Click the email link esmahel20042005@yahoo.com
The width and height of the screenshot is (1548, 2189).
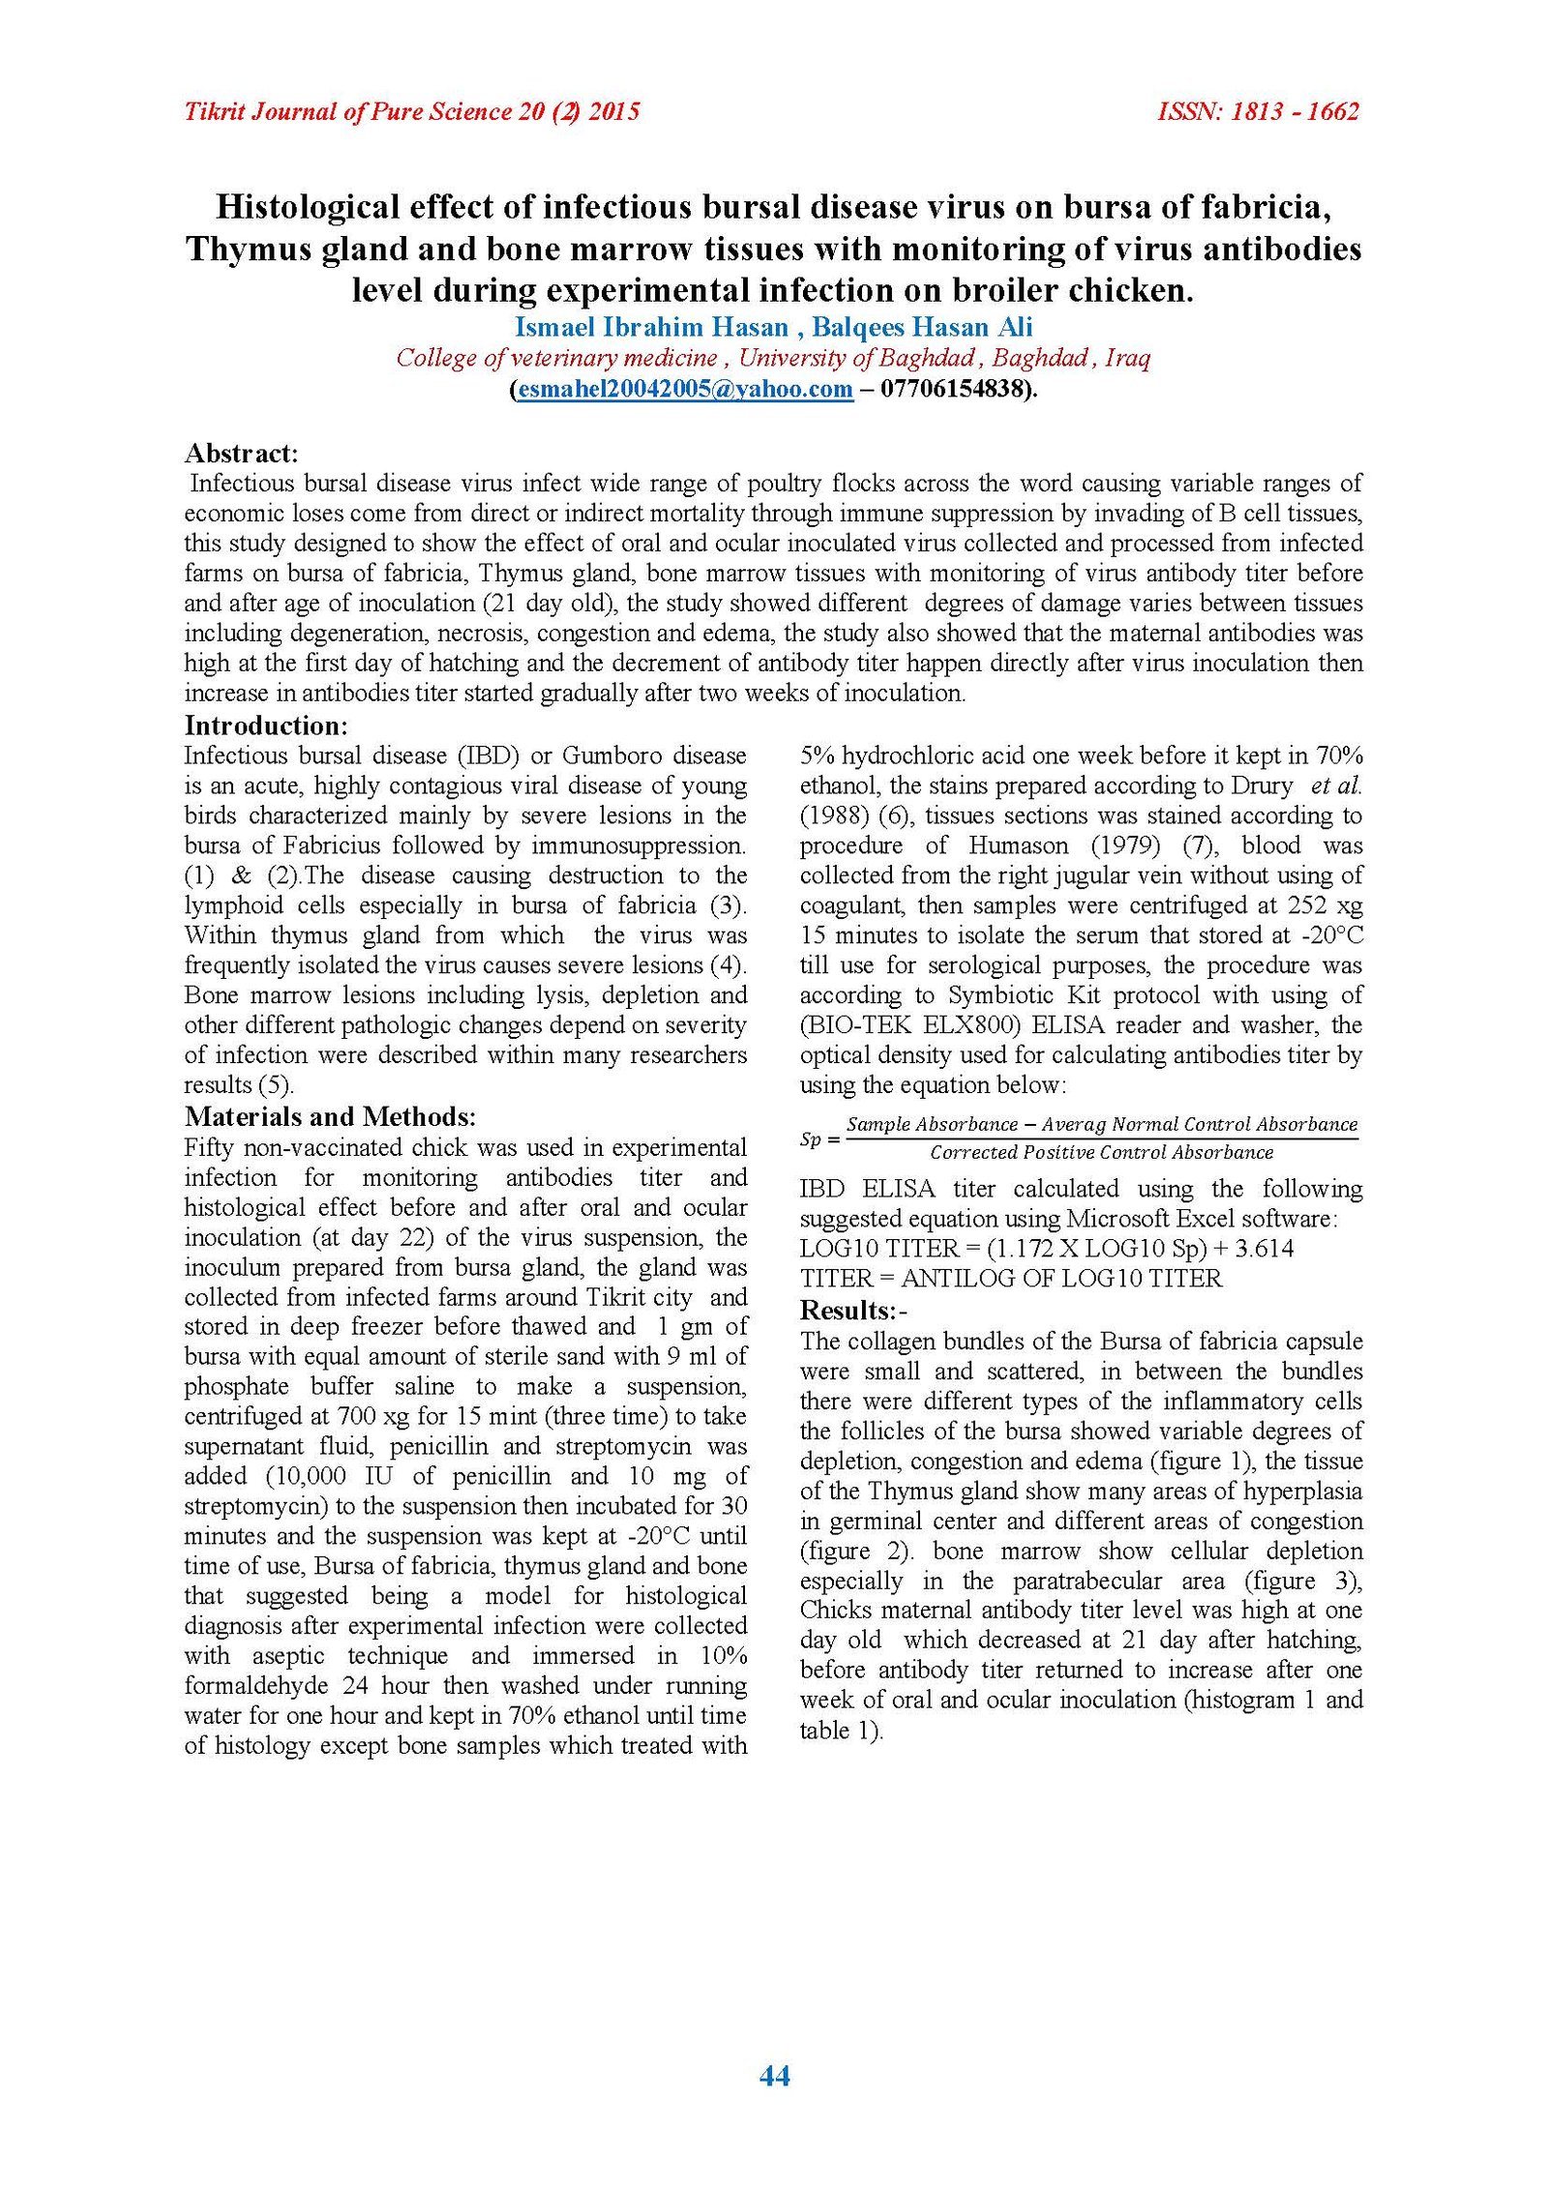[x=685, y=389]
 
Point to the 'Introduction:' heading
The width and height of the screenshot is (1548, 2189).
[x=266, y=725]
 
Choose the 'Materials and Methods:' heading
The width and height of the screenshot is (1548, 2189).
[x=330, y=1116]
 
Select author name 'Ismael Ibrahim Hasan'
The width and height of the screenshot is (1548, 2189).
[x=651, y=327]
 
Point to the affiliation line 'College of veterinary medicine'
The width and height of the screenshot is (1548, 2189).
[x=557, y=358]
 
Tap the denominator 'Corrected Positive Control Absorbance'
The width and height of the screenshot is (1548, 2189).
[x=1101, y=1152]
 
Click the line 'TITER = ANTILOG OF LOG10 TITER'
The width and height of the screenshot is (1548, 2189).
[x=1011, y=1278]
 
